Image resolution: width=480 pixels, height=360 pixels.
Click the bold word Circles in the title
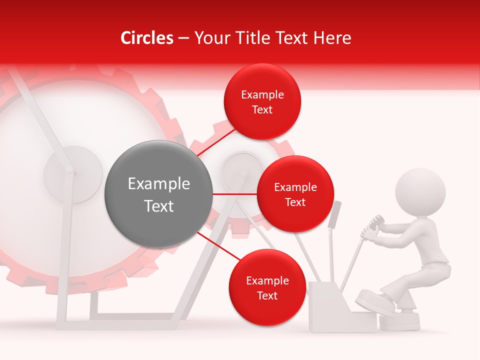[146, 38]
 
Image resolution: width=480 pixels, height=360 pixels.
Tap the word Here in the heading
[332, 38]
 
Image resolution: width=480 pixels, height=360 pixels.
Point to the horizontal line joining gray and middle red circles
[234, 194]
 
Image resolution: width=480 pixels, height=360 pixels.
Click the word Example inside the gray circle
[158, 184]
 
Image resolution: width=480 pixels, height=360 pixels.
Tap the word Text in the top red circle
[262, 110]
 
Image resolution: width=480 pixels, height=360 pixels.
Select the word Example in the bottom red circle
[267, 281]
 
